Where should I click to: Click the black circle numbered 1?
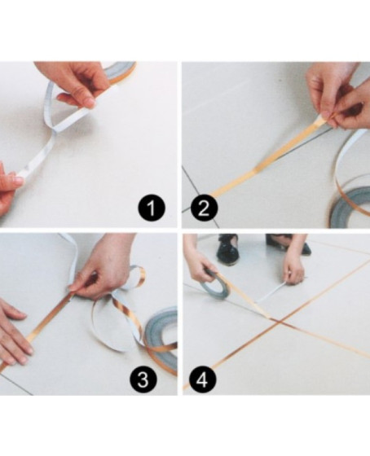pos(152,208)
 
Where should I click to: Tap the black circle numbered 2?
pos(204,208)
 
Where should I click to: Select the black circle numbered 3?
pos(143,379)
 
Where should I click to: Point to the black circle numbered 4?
pos(203,379)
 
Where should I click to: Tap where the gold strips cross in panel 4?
pos(279,322)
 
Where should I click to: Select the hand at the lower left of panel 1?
pos(9,189)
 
